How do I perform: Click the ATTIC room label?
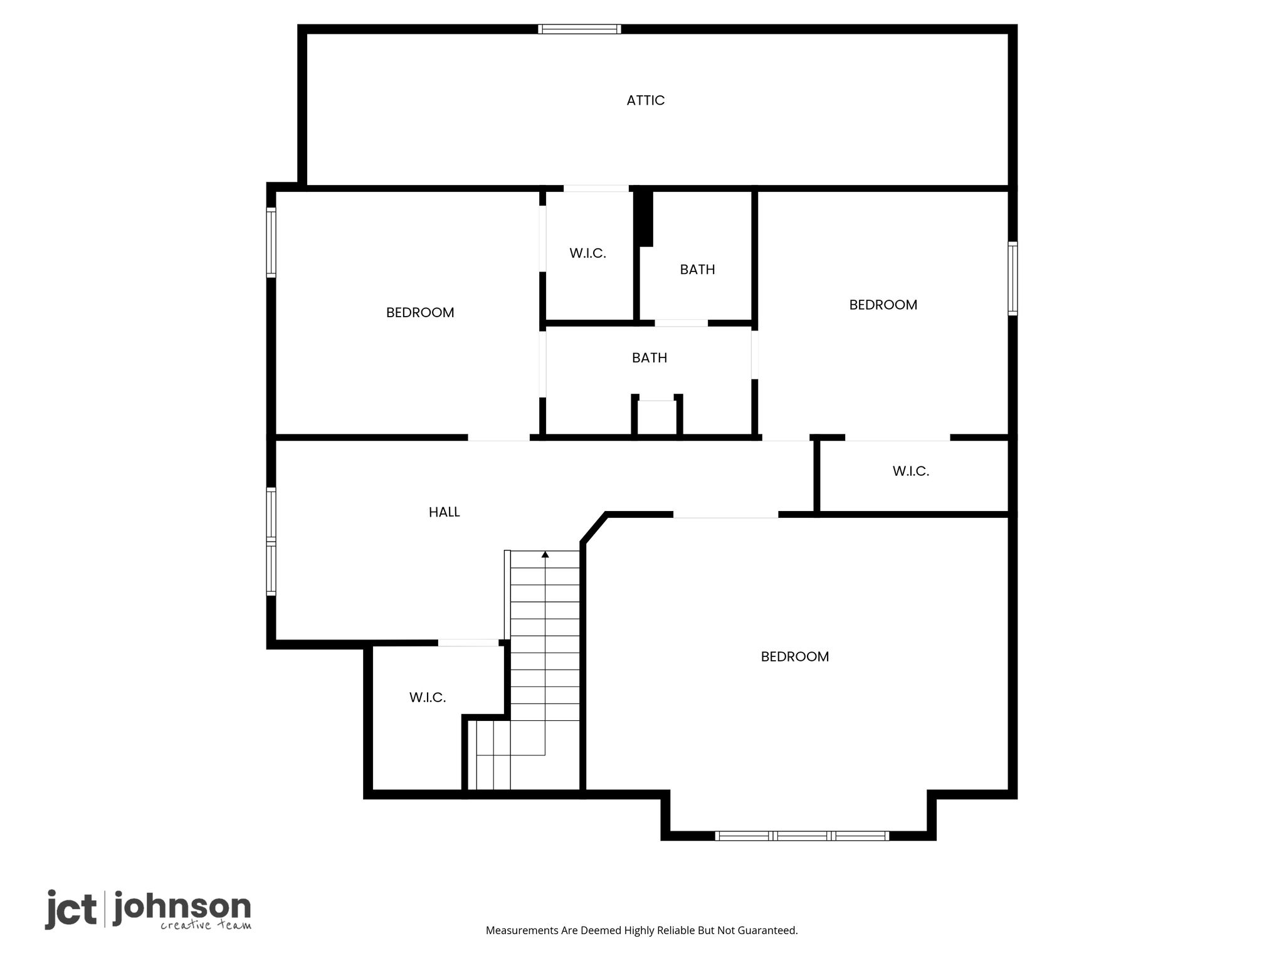[645, 100]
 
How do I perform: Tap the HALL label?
[444, 512]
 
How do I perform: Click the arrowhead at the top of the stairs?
[545, 554]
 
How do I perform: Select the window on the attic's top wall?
[579, 29]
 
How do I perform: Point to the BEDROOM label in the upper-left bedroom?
[420, 312]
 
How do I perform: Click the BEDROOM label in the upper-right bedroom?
[883, 305]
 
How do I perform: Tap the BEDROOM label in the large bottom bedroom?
[794, 656]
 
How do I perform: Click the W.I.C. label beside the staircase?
[428, 697]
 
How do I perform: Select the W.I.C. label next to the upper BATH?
[587, 253]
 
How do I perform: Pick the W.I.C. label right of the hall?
[910, 471]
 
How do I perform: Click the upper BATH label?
[697, 270]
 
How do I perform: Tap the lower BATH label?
[649, 358]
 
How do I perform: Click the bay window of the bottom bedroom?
[802, 836]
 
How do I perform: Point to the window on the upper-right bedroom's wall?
[1013, 278]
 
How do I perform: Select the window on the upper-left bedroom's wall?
[271, 243]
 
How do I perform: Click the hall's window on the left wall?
[271, 542]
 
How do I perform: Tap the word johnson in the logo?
[182, 908]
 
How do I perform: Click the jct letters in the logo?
[71, 909]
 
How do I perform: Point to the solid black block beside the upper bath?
[644, 218]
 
